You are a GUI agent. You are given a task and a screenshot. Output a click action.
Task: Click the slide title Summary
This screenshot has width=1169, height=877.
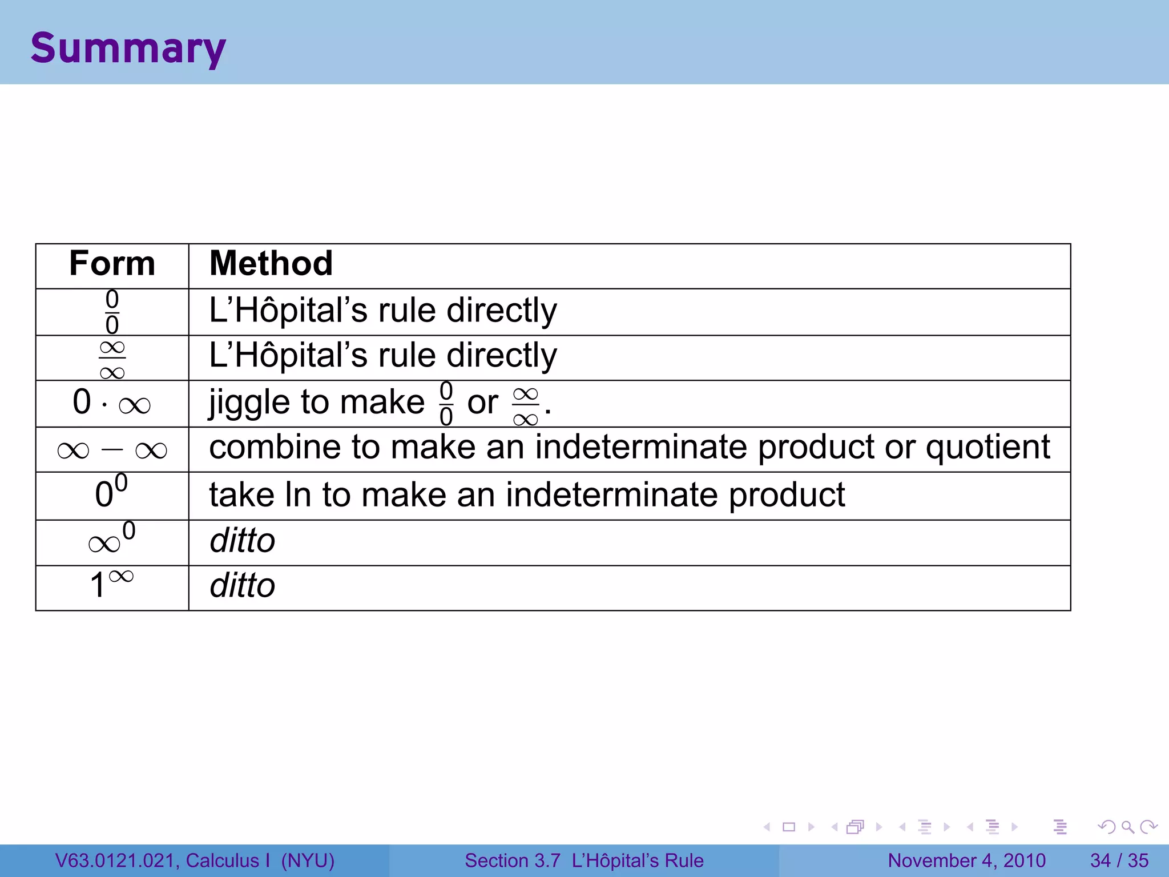coord(128,49)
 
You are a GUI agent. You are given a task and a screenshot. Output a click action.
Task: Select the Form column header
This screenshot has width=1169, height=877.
coord(112,264)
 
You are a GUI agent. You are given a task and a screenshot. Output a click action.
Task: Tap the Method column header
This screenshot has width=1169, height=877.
coord(271,264)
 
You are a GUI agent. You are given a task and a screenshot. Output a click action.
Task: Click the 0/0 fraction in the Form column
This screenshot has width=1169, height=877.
coord(112,312)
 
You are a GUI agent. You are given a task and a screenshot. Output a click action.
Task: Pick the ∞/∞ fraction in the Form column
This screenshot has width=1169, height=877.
coord(112,359)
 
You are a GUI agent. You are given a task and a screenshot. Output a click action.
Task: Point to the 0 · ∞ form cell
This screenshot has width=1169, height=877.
coord(112,403)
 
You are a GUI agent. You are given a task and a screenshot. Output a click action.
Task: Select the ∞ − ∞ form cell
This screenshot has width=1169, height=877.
coord(112,450)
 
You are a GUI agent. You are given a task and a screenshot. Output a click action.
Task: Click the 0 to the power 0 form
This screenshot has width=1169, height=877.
coord(111,492)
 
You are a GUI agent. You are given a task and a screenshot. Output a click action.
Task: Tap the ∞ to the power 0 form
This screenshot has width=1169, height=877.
coord(112,540)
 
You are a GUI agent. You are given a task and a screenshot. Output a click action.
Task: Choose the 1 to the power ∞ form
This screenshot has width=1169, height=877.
coord(112,584)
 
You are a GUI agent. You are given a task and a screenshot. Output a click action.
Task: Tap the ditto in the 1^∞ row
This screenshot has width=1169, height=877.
coord(243,586)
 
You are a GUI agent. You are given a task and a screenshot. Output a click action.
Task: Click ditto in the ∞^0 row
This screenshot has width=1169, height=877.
coord(243,541)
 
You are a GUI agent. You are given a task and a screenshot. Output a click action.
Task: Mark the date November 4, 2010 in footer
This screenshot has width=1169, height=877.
coord(966,860)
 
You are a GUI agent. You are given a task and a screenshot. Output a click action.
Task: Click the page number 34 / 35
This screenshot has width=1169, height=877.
coord(1119,860)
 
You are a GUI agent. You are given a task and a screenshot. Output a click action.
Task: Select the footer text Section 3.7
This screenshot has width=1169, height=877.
coord(512,860)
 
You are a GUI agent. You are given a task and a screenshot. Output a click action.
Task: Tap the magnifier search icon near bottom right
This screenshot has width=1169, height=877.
coord(1127,827)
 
